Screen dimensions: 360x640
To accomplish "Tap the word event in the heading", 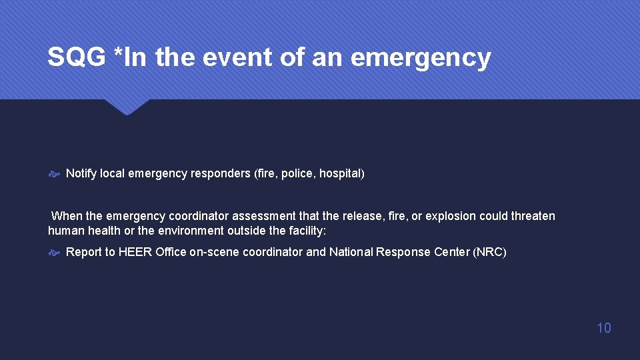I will [x=242, y=58].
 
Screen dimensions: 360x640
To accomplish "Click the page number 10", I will [x=603, y=327].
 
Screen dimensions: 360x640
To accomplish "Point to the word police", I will [x=297, y=173].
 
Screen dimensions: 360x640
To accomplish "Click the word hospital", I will [x=339, y=173].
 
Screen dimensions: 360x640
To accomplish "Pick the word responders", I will [x=221, y=173].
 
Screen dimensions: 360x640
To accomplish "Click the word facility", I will [x=305, y=231].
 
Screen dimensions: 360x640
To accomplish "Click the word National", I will [x=351, y=252].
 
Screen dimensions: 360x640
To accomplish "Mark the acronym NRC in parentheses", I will [x=489, y=252].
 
